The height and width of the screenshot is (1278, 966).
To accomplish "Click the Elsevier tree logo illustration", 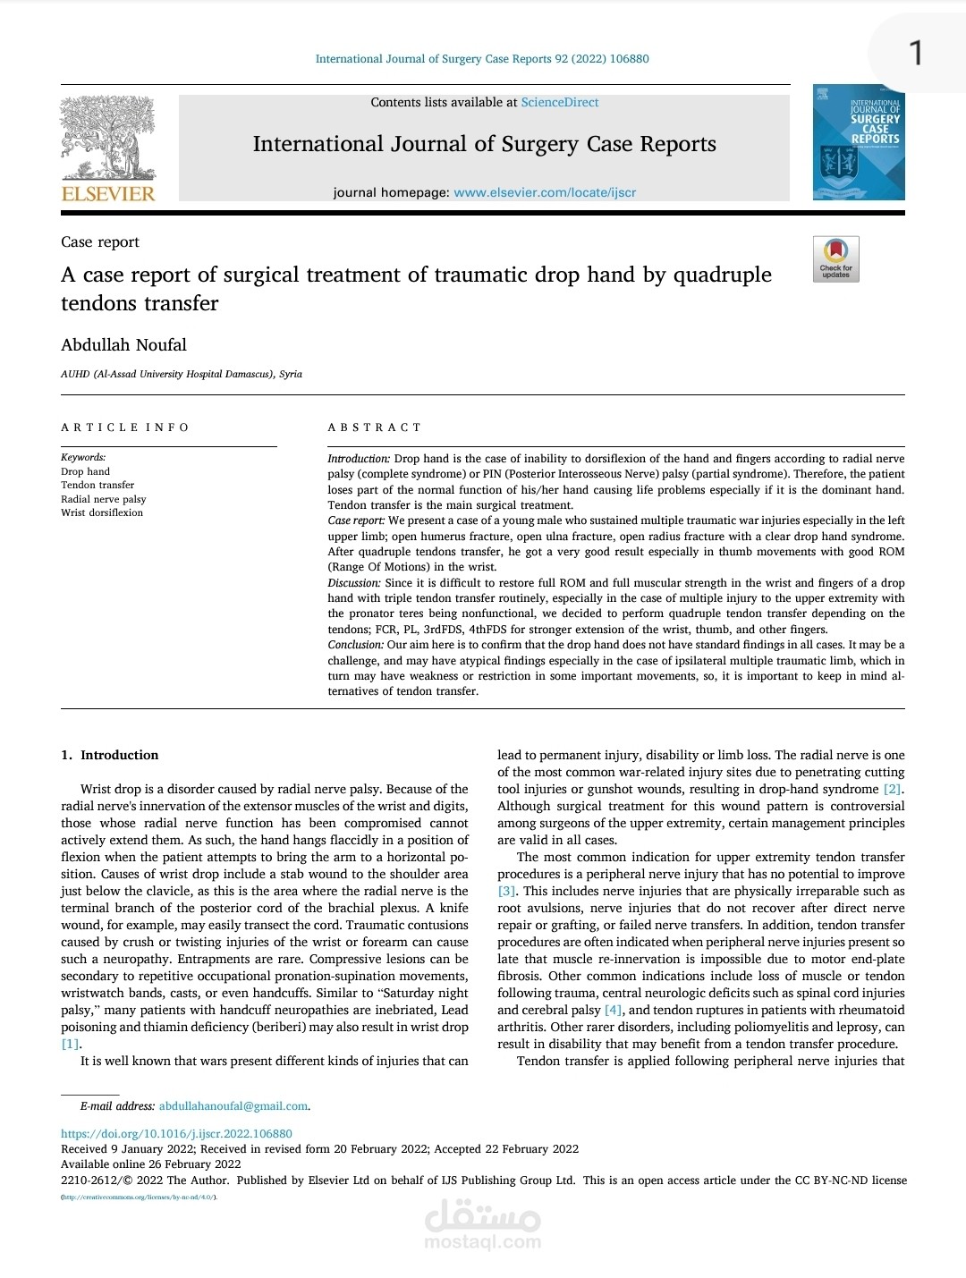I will point(107,138).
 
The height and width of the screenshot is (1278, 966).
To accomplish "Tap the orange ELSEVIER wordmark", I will point(107,193).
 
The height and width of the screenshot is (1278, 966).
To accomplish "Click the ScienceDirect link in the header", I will point(560,103).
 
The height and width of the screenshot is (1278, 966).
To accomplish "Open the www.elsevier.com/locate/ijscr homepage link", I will point(545,192).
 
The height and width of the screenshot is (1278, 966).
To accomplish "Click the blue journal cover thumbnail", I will point(859,142).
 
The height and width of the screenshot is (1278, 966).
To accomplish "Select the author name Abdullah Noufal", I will point(123,345).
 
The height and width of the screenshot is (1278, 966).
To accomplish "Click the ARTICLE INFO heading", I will point(125,427).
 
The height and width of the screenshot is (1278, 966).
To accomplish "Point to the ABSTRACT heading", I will point(374,427).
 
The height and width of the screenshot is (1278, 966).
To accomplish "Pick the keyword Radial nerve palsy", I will point(103,499).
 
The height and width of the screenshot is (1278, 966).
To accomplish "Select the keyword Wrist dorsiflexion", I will point(102,512).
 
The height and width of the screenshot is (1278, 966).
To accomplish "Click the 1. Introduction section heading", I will point(110,755).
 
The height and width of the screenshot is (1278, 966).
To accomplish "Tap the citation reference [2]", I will point(892,789).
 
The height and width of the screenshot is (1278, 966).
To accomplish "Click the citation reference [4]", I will point(613,1010).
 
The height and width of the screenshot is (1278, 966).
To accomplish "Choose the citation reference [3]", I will point(507,891).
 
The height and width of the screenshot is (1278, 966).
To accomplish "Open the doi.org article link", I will point(176,1133).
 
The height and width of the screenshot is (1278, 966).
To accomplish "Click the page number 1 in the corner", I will point(915,54).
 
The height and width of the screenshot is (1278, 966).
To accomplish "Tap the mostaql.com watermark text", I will point(482,1241).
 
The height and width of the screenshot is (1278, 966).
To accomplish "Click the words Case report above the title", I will point(100,242).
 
